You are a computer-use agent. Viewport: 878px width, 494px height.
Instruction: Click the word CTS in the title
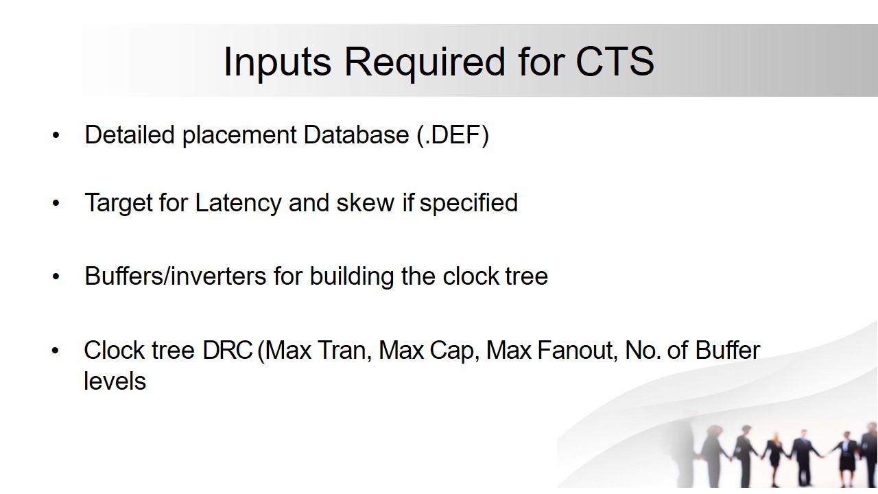615,61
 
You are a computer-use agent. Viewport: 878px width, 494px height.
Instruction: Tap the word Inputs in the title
278,63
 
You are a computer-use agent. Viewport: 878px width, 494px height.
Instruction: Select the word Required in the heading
425,63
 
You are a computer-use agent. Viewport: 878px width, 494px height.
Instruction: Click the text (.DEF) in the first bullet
453,135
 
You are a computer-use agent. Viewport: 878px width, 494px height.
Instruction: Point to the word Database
356,135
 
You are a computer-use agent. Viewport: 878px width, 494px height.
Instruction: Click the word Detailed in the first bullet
130,135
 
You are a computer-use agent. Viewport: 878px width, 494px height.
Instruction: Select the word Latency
238,203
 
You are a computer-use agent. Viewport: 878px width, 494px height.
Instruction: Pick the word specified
468,203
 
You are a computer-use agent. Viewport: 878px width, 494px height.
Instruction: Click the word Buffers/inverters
176,276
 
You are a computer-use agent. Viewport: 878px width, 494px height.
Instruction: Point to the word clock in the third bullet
471,276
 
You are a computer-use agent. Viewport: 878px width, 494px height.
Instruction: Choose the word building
352,277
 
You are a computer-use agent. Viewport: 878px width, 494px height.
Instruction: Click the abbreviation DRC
227,350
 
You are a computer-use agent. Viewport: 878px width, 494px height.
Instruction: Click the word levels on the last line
115,381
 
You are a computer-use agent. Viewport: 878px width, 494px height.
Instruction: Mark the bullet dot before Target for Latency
56,203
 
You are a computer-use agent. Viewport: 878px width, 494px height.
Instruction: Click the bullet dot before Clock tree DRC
56,350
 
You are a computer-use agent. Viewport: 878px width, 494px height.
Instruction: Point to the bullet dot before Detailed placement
56,135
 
